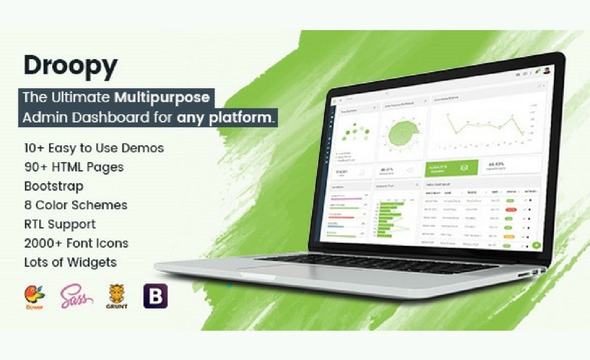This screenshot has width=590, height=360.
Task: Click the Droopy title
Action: (70, 67)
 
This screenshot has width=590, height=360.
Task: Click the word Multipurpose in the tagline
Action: (162, 97)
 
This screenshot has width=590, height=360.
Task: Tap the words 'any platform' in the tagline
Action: (226, 117)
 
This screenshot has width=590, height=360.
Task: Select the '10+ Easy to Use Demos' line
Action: (93, 147)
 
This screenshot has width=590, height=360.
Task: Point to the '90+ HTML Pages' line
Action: (74, 166)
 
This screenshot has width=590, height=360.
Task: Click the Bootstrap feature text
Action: (54, 185)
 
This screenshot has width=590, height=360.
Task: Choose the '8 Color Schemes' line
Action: (75, 205)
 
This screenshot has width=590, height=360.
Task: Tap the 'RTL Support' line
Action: (60, 224)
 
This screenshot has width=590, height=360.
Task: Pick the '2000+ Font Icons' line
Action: (76, 243)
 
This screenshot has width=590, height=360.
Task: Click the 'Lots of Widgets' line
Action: (70, 262)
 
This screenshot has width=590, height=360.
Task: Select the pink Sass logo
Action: (77, 296)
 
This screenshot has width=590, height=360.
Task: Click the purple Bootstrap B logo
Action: (156, 296)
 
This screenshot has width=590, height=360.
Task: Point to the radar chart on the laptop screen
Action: (399, 134)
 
